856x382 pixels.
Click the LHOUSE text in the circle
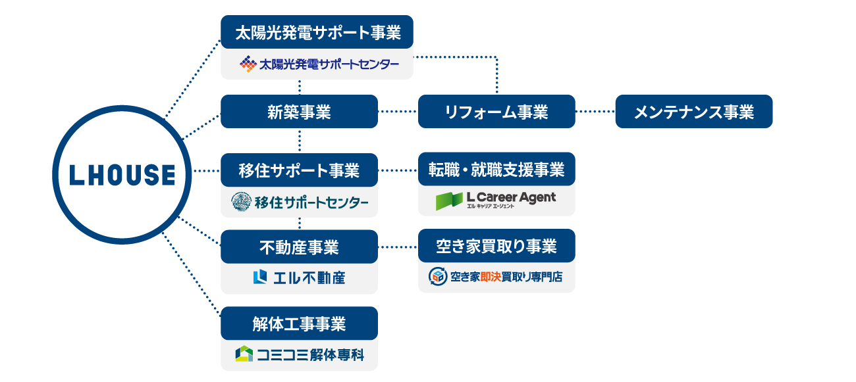pyautogui.click(x=122, y=175)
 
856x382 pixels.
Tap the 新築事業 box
pyautogui.click(x=299, y=112)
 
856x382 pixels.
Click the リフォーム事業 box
pyautogui.click(x=496, y=112)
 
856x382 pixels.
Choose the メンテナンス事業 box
pyautogui.click(x=693, y=112)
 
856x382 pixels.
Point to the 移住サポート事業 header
pyautogui.click(x=299, y=170)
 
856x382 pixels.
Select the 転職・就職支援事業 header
pyautogui.click(x=496, y=170)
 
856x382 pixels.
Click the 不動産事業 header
pyautogui.click(x=299, y=247)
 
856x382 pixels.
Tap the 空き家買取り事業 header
pyautogui.click(x=496, y=246)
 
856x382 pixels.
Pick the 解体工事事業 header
pyautogui.click(x=299, y=323)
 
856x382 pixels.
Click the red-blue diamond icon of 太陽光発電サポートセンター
pyautogui.click(x=248, y=64)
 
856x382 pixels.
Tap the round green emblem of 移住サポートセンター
pyautogui.click(x=242, y=202)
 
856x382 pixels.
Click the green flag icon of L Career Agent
pyautogui.click(x=449, y=201)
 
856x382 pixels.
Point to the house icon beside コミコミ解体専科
pyautogui.click(x=244, y=354)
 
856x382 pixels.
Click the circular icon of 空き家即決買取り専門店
pyautogui.click(x=437, y=276)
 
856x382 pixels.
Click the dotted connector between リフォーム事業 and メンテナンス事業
pyautogui.click(x=595, y=112)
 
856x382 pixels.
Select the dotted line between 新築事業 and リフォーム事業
pyautogui.click(x=398, y=112)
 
